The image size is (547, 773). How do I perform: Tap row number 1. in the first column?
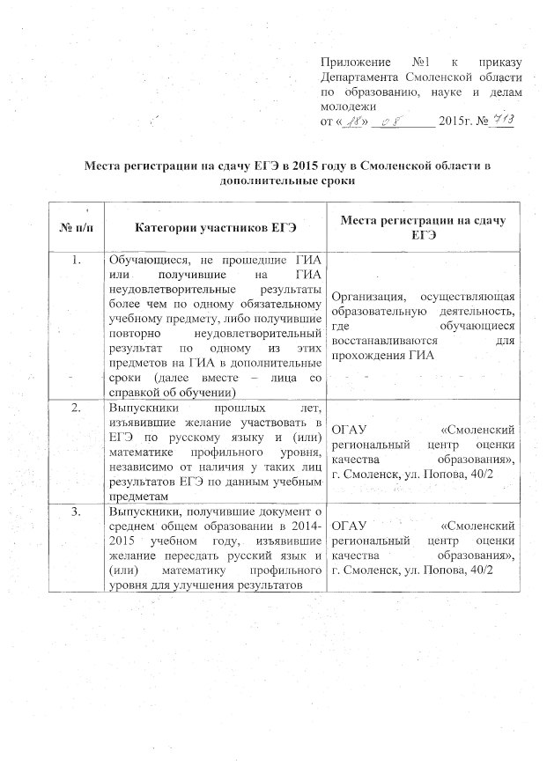(x=75, y=260)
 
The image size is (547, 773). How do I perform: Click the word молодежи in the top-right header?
(x=346, y=106)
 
